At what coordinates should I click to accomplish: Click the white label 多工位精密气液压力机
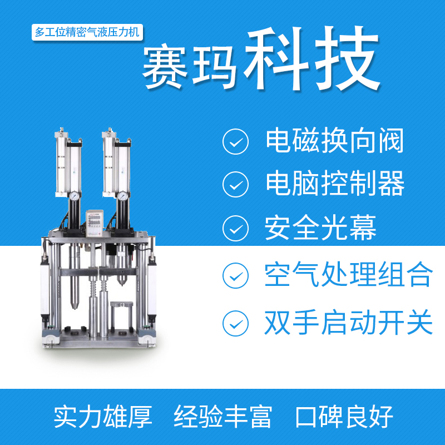[87, 32]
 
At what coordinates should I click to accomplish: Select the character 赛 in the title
[165, 67]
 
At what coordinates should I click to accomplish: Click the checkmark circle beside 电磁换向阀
[235, 141]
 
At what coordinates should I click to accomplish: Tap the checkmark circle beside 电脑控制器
[235, 185]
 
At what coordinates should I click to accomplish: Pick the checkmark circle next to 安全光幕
[235, 229]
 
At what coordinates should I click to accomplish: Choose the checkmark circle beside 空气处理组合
[235, 275]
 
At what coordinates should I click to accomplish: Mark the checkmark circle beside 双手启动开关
[235, 324]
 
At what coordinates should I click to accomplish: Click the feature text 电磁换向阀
[335, 141]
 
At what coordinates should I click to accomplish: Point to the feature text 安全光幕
[321, 228]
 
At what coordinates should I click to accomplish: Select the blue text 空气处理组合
[349, 274]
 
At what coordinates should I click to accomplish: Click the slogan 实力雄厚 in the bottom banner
[103, 417]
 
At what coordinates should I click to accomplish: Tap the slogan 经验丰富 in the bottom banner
[223, 417]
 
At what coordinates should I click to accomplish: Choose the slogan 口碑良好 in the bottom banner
[344, 417]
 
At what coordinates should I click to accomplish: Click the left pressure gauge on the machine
[75, 196]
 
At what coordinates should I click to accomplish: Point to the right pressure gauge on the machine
[122, 196]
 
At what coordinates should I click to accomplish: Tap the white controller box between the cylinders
[95, 223]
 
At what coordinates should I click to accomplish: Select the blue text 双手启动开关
[349, 323]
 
